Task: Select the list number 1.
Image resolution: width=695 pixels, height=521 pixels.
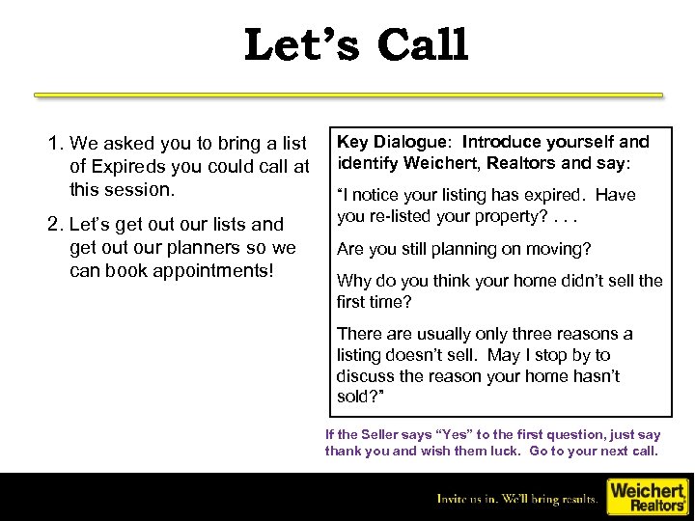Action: (54, 144)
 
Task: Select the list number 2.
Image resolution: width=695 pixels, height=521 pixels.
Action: (54, 225)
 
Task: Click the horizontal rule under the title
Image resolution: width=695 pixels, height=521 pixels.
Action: (347, 96)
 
